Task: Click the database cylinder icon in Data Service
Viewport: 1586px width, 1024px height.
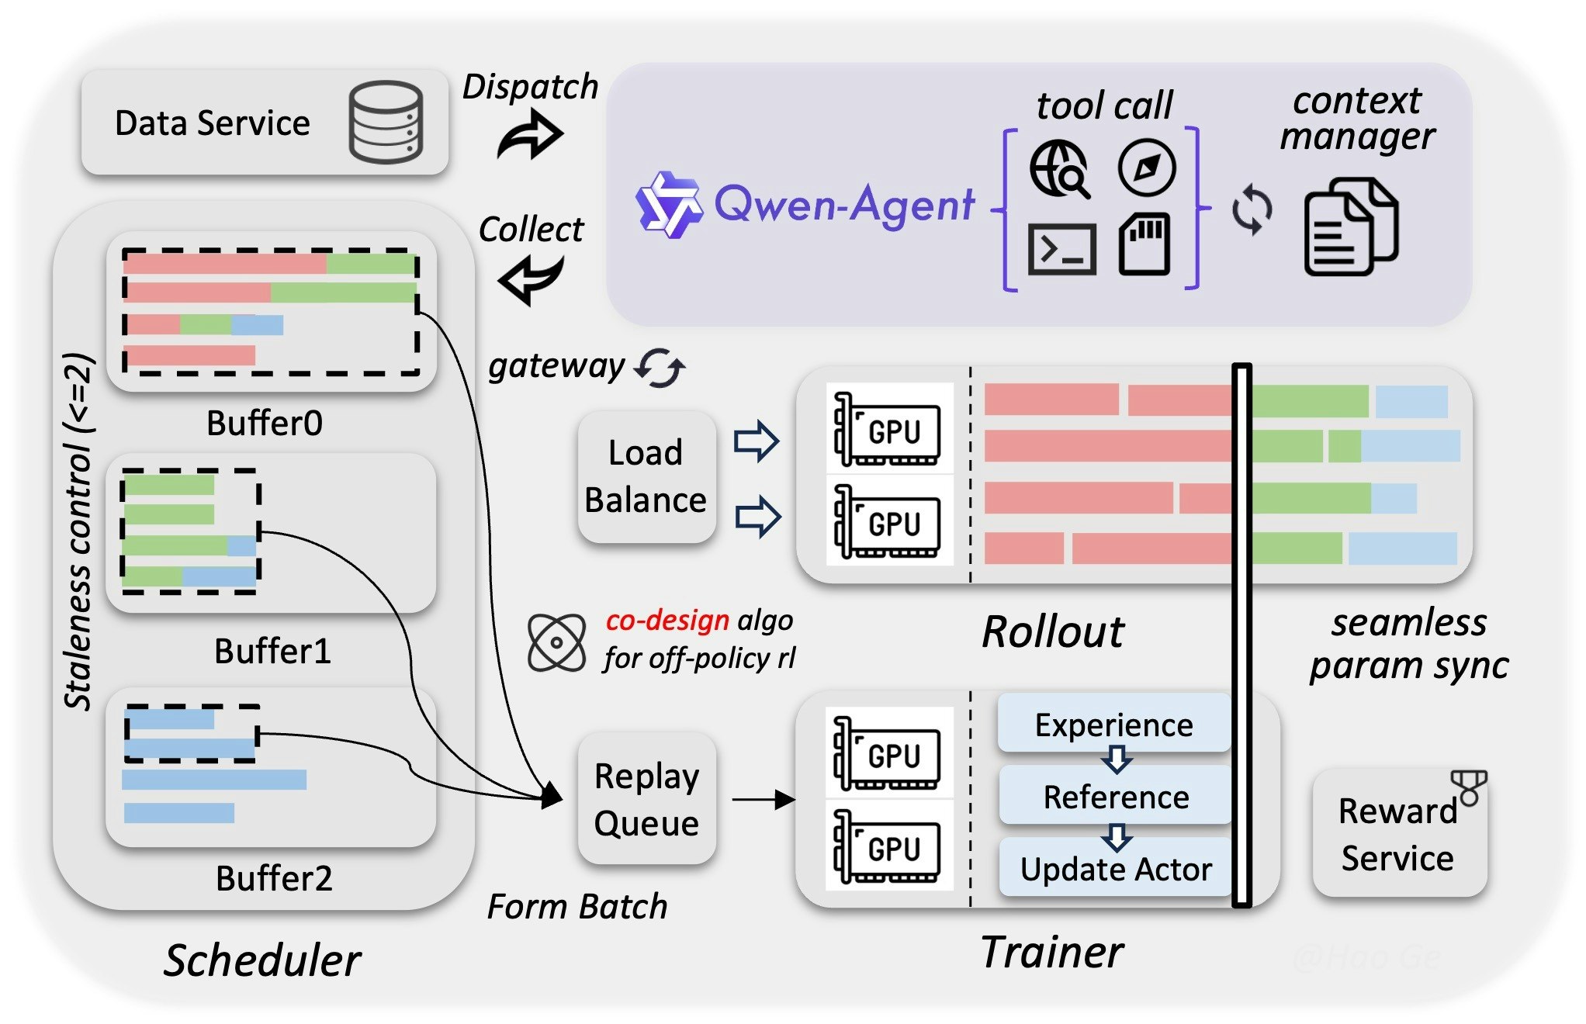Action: coord(386,122)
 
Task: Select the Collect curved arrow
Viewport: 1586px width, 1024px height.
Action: coord(531,279)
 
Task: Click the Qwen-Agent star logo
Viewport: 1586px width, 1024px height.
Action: coord(668,204)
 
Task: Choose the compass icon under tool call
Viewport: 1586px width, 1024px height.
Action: coord(1146,168)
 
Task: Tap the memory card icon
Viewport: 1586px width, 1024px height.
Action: coord(1144,244)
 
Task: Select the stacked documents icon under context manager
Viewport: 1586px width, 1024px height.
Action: coord(1350,227)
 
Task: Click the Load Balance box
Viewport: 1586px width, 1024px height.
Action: coord(646,476)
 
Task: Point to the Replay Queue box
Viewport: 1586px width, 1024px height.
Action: coord(646,799)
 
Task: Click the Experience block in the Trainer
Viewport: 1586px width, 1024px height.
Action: coord(1113,725)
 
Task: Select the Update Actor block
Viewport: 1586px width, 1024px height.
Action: coord(1115,869)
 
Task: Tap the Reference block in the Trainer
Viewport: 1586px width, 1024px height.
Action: coord(1115,797)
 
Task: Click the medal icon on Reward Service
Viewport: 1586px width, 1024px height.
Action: coord(1469,787)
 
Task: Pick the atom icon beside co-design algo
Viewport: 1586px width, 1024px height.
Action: coord(556,642)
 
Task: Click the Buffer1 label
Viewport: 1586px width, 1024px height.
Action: coord(272,651)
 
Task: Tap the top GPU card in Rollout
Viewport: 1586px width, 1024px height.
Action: coord(888,430)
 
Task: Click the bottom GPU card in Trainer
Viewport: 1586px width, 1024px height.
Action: coord(888,847)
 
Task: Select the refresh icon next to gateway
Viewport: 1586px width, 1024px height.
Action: coord(660,368)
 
